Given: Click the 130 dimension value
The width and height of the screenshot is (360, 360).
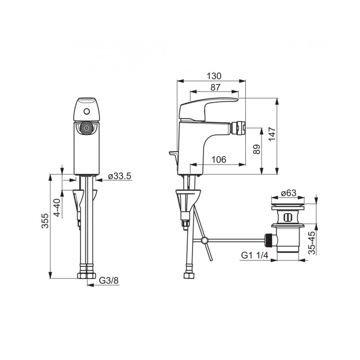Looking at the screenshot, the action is click(214, 76).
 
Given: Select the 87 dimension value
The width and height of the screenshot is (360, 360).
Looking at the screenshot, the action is click(215, 87).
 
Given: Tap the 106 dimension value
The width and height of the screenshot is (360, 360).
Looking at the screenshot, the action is click(218, 159).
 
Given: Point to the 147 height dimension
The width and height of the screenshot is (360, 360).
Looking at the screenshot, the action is click(272, 134).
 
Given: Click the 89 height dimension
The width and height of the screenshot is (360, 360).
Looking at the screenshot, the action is click(257, 149).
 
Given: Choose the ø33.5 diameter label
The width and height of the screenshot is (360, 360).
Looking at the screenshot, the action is click(120, 176).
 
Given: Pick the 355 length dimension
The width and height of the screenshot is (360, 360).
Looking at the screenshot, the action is click(45, 221).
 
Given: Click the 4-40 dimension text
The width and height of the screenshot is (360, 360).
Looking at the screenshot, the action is click(57, 207).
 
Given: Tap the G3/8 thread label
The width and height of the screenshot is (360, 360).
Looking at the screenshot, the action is click(109, 281).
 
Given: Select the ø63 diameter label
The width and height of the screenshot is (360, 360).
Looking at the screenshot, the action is click(288, 193).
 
